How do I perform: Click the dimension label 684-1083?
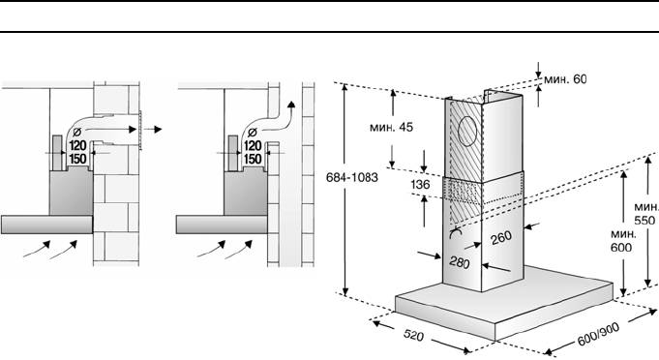click(x=352, y=177)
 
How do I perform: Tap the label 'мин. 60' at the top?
click(x=565, y=79)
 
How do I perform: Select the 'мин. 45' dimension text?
click(x=391, y=127)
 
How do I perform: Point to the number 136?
click(x=420, y=185)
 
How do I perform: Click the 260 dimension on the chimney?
click(x=501, y=238)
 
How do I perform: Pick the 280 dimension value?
click(x=460, y=262)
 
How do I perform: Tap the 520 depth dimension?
click(x=413, y=335)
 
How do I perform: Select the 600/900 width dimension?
click(x=598, y=334)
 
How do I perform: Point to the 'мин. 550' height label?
click(x=646, y=214)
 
